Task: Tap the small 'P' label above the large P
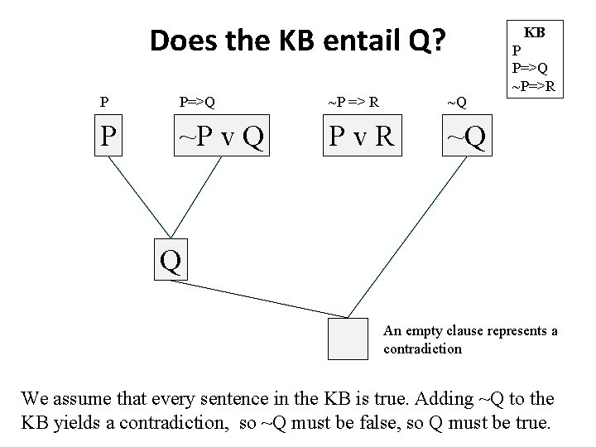click(x=103, y=103)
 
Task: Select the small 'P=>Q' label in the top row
click(x=197, y=103)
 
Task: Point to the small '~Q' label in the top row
click(x=456, y=103)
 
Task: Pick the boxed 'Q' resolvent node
click(x=170, y=260)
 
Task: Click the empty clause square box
click(x=348, y=339)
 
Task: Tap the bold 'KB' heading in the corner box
click(x=534, y=32)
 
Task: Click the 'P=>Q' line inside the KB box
click(x=531, y=67)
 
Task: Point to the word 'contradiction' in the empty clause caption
click(x=422, y=348)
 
